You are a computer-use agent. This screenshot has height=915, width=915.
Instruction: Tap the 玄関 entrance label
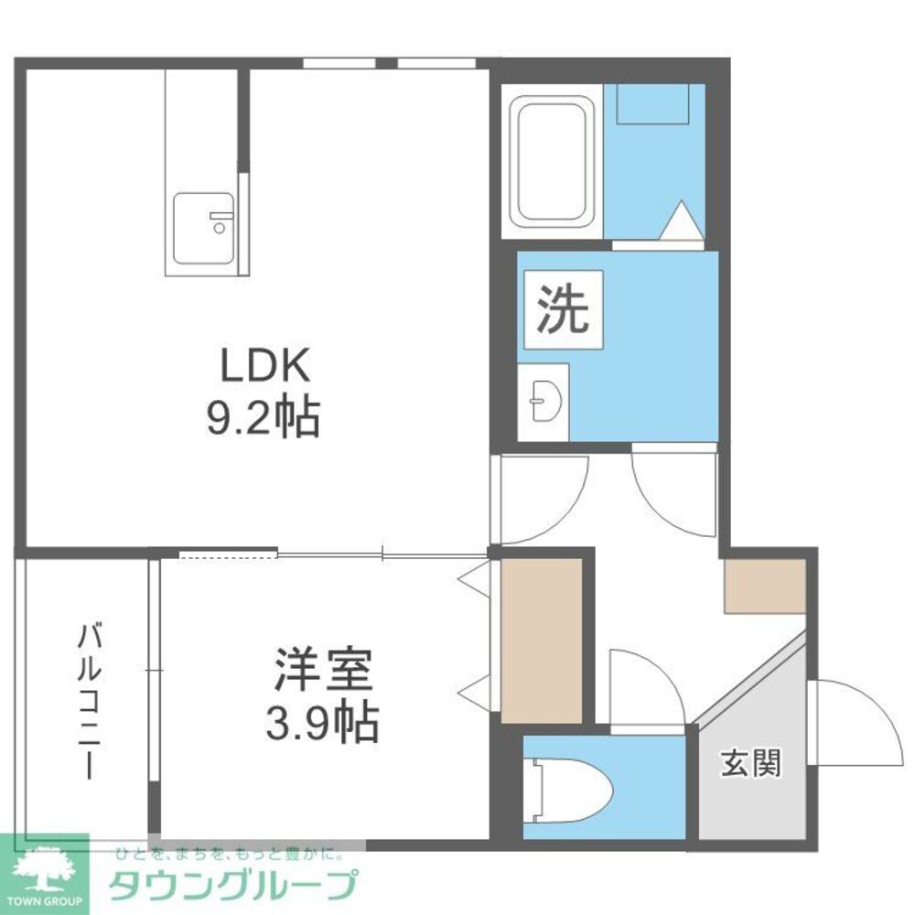(x=751, y=763)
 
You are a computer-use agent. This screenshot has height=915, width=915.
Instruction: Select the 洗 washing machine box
(x=563, y=310)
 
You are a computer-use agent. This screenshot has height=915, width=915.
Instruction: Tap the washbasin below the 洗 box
(x=544, y=402)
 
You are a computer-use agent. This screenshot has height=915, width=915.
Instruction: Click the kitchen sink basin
(x=204, y=228)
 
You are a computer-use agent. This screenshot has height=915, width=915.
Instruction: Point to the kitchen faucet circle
(x=220, y=228)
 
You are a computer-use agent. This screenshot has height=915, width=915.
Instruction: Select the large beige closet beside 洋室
(x=542, y=640)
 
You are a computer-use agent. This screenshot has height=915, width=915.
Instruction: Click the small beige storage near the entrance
(x=765, y=586)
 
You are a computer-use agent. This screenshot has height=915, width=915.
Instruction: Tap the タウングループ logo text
(x=232, y=885)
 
